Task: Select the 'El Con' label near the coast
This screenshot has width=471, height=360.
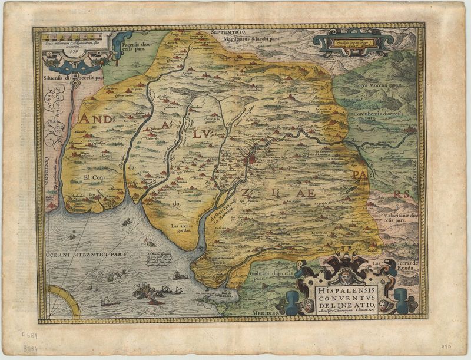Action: point(94,177)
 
